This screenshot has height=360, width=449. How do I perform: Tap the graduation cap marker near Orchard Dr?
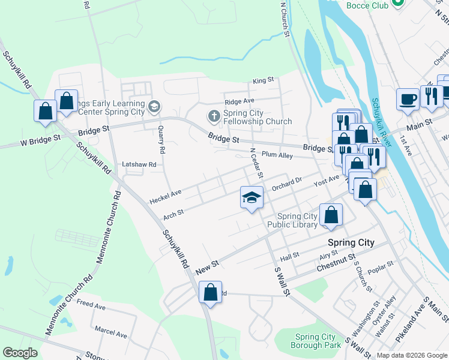pyautogui.click(x=252, y=197)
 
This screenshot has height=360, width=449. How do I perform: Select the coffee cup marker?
pyautogui.click(x=408, y=99)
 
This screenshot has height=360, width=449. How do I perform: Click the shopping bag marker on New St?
pyautogui.click(x=210, y=293)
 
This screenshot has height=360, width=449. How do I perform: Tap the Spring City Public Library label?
pyautogui.click(x=297, y=220)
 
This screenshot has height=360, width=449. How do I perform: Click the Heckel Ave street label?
pyautogui.click(x=165, y=195)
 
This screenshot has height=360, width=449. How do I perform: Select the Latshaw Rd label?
pyautogui.click(x=139, y=164)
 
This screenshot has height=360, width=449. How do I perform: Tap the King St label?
pyautogui.click(x=263, y=79)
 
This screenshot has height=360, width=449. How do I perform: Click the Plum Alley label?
pyautogui.click(x=277, y=155)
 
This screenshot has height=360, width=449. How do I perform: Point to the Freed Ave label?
pyautogui.click(x=91, y=305)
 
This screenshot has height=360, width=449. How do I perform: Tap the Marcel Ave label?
pyautogui.click(x=110, y=332)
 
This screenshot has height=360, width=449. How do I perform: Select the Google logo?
pyautogui.click(x=20, y=353)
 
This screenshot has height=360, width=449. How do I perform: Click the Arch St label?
pyautogui.click(x=173, y=212)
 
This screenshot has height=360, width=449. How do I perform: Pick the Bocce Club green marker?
pyautogui.click(x=397, y=3)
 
